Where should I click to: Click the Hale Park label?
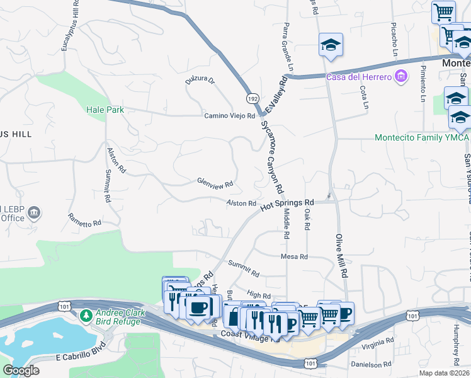(105, 110)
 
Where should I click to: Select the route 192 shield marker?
(251, 99)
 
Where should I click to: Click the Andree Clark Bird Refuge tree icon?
(86, 314)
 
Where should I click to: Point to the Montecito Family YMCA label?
(421, 137)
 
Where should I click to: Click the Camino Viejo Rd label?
(229, 116)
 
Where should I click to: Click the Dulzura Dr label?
(200, 81)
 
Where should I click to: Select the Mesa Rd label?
(294, 256)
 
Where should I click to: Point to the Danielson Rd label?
(372, 364)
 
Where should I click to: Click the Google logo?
(21, 370)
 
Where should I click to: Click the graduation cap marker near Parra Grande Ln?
(331, 45)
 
